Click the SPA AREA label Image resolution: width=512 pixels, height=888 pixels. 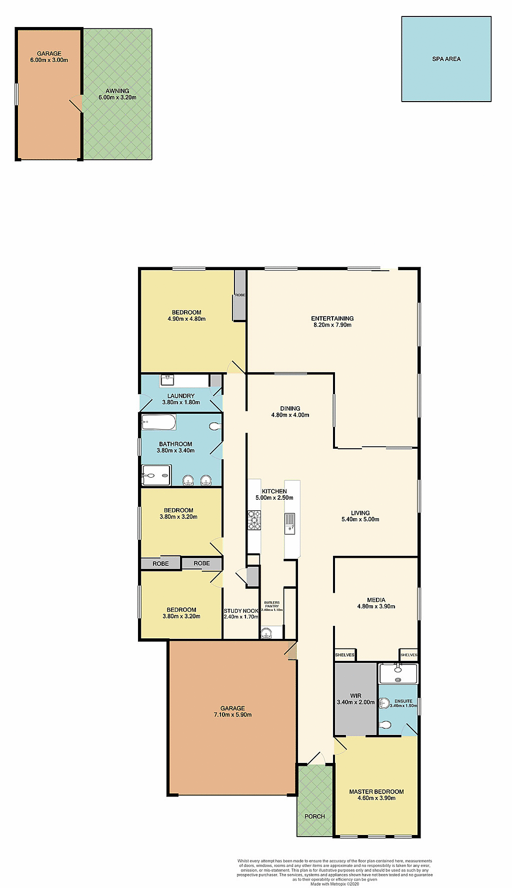[x=446, y=59]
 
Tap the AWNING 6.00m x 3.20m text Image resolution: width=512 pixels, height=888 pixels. [x=117, y=94]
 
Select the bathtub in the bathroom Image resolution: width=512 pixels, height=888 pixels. [x=158, y=423]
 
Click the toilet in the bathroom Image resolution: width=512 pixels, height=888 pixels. [x=214, y=426]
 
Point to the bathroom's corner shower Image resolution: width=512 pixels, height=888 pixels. [x=156, y=475]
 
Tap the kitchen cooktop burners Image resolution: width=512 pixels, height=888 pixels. [x=254, y=520]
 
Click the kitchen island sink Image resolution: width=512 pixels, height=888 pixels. [x=290, y=523]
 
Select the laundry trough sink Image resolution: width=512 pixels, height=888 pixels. [x=167, y=380]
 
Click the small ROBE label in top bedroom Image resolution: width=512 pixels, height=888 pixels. [x=240, y=295]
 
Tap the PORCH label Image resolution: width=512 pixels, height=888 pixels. [x=314, y=816]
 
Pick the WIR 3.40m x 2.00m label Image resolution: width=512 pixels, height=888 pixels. [x=355, y=699]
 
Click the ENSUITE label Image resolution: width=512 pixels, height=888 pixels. [x=403, y=701]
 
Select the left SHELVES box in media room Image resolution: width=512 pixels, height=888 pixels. [x=344, y=655]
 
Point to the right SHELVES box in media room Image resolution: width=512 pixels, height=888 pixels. [x=408, y=655]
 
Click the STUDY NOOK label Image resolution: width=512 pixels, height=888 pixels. [x=241, y=611]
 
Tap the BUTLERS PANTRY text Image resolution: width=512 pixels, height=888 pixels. [x=272, y=604]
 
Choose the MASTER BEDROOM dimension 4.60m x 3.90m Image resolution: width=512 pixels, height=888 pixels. [x=376, y=798]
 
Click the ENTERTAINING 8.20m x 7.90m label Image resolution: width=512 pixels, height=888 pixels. [x=332, y=321]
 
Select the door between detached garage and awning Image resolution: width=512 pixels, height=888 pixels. [x=76, y=104]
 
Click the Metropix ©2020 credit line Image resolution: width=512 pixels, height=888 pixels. [x=334, y=884]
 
